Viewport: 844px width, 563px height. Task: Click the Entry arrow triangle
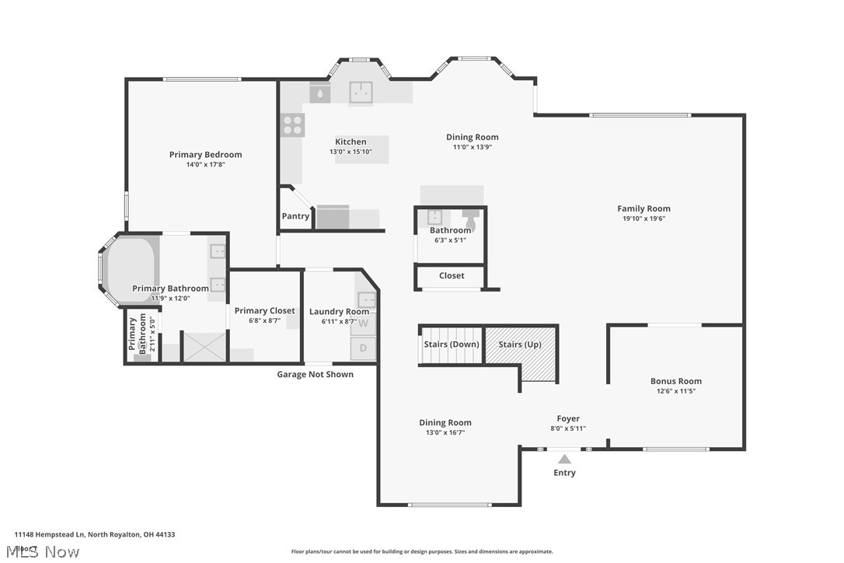point(564,459)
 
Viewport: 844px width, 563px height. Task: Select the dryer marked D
point(363,348)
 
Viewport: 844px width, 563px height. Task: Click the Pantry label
point(295,216)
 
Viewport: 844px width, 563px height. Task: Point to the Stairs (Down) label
point(451,344)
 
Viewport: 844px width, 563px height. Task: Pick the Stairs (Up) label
point(521,344)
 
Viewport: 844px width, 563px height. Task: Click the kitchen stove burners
point(293,125)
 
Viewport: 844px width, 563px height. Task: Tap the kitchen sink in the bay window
point(360,93)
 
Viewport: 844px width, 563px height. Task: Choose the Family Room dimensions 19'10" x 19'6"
point(643,219)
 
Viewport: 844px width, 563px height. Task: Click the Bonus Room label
point(675,381)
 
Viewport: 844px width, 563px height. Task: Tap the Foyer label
point(568,418)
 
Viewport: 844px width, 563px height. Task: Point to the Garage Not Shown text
point(315,375)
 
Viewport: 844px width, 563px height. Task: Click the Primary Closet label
point(265,311)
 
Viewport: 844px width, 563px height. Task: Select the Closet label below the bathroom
point(452,275)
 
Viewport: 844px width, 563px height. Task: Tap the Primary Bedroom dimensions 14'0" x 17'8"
point(205,165)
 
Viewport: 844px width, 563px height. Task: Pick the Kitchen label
point(351,142)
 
